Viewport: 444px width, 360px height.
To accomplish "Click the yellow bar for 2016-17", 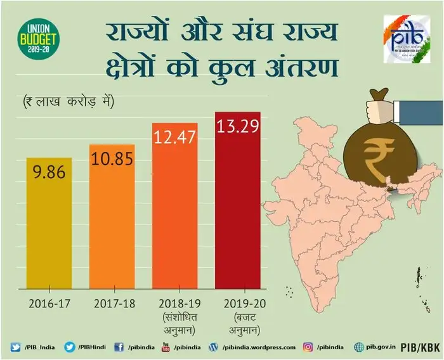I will tap(49, 222).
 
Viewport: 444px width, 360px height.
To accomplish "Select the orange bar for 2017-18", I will tap(112, 215).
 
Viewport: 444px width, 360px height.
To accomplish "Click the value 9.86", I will tap(49, 172).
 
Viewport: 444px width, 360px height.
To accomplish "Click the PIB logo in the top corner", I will tap(406, 39).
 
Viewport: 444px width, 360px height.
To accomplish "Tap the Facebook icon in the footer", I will tap(119, 347).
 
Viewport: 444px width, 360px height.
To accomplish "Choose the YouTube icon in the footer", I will tap(166, 347).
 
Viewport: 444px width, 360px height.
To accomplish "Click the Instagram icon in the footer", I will tap(308, 347).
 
